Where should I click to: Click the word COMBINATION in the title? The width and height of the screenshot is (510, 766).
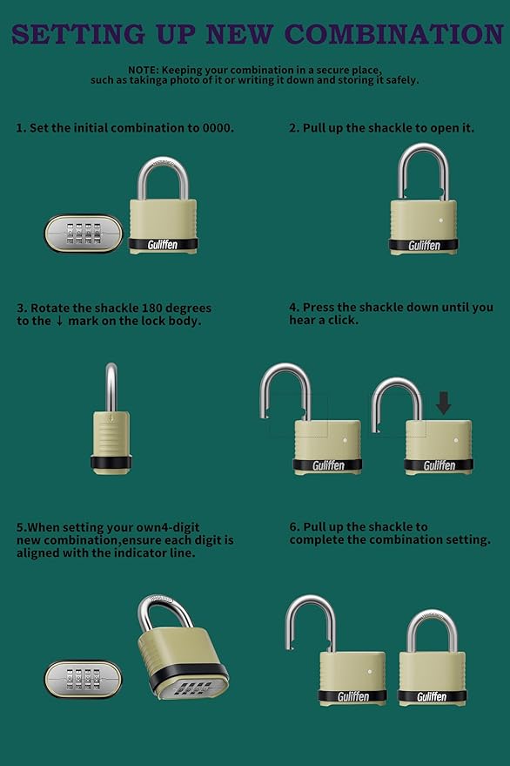click(395, 34)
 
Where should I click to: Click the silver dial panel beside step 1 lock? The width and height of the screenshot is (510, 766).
click(84, 234)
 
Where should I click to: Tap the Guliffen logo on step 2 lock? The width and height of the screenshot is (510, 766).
click(424, 246)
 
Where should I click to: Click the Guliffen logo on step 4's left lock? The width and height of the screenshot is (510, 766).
click(328, 465)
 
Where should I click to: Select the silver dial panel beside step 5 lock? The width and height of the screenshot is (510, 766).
click(84, 679)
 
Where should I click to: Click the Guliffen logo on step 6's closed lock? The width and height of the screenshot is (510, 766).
click(432, 696)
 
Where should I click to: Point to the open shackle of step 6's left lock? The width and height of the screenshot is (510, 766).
click(306, 615)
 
